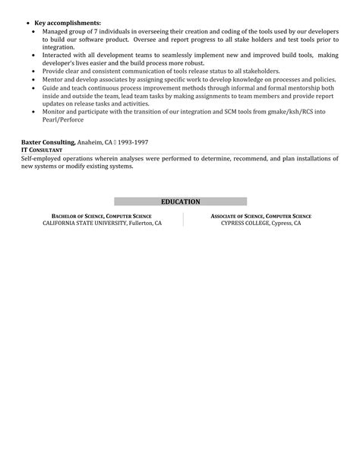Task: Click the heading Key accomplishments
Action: [68, 24]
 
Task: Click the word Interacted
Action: [63, 55]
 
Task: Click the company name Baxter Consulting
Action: [48, 142]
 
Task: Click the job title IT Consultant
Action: [43, 150]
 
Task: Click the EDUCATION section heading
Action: [180, 201]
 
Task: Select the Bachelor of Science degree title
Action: [101, 216]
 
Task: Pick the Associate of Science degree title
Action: [261, 216]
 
